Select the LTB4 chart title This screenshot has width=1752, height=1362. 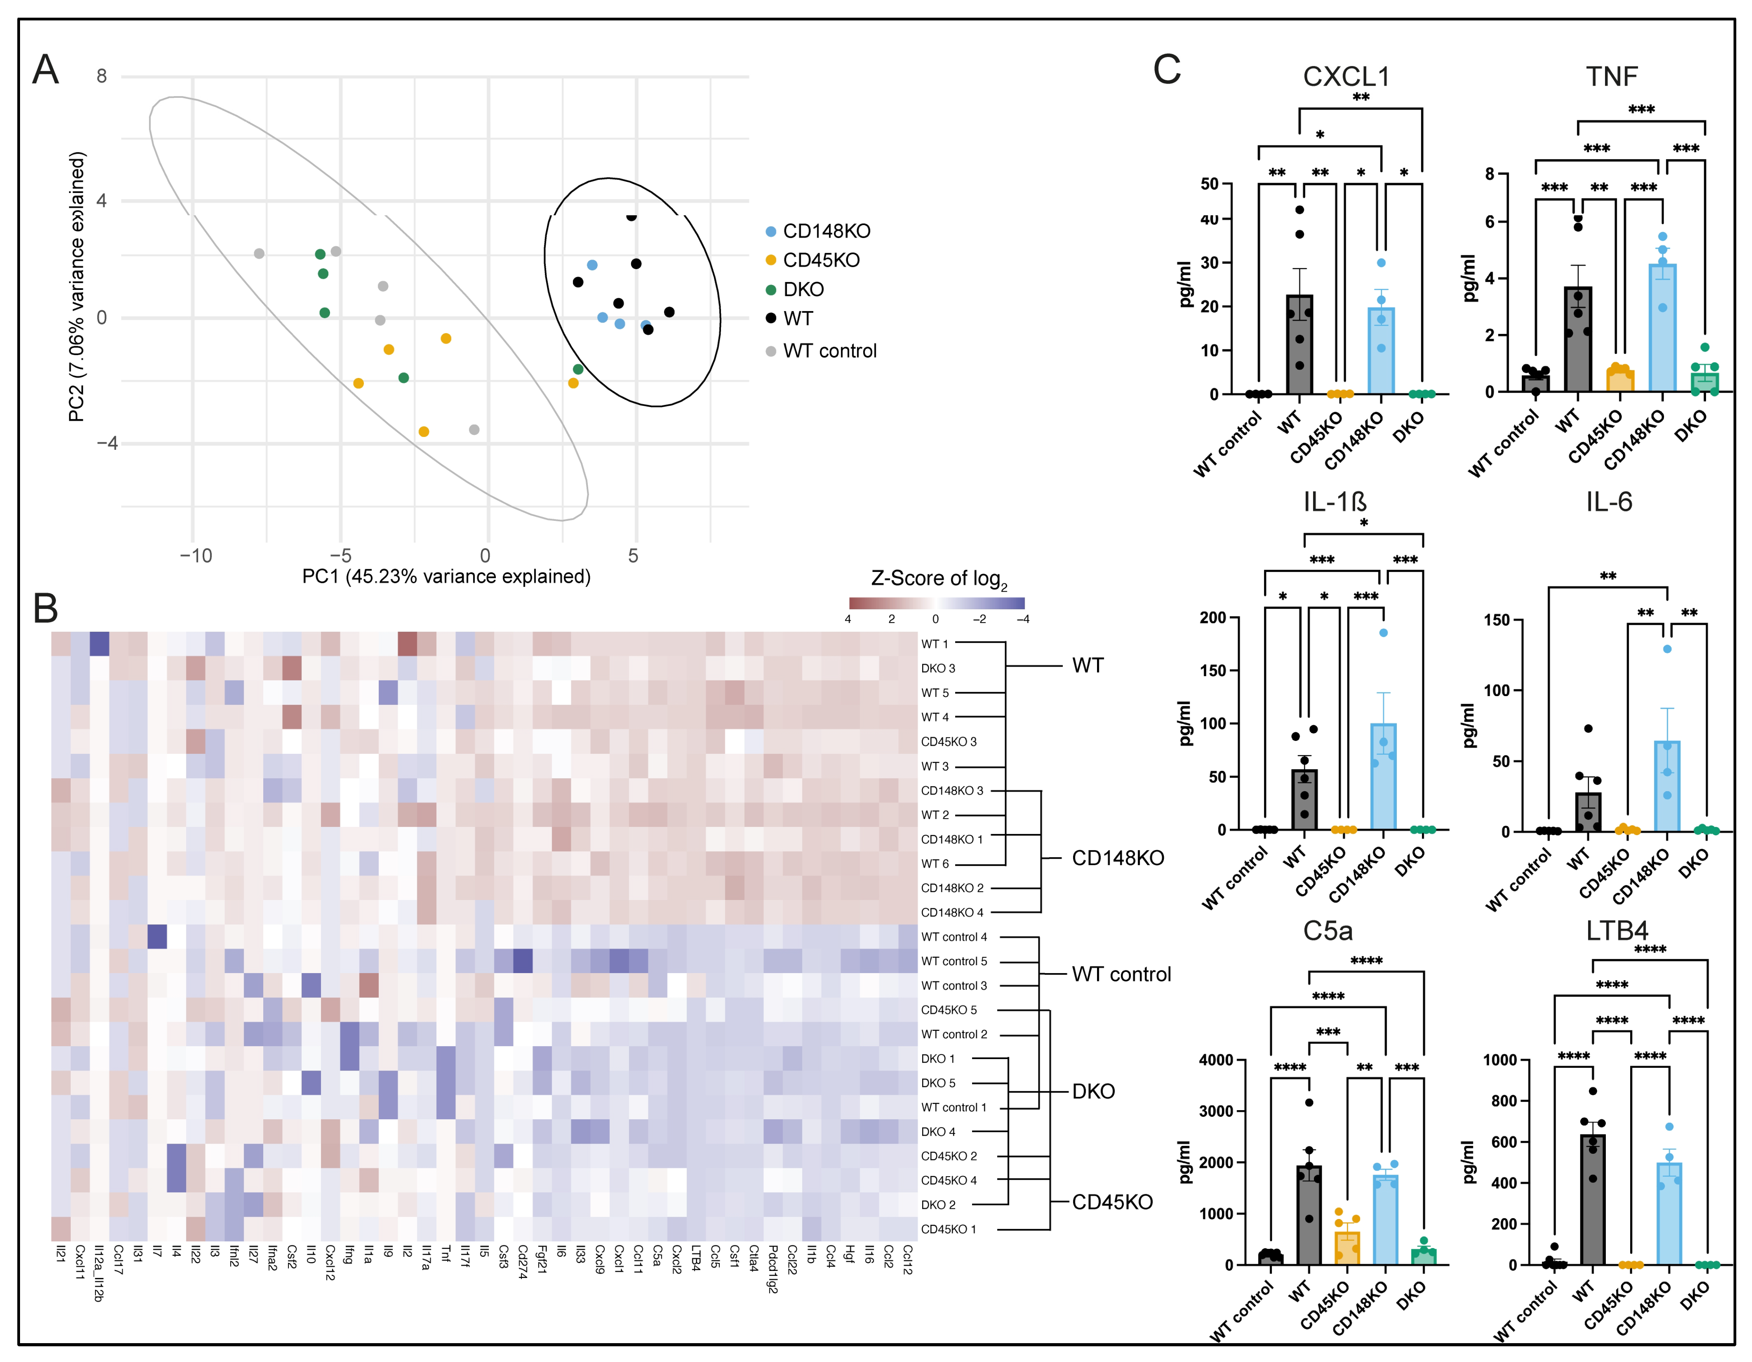tap(1616, 931)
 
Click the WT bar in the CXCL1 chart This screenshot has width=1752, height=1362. tap(1300, 345)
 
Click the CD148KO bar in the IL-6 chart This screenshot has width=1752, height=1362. tap(1667, 786)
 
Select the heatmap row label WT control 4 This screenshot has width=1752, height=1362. tap(954, 937)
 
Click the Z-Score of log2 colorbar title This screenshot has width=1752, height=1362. tap(939, 579)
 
